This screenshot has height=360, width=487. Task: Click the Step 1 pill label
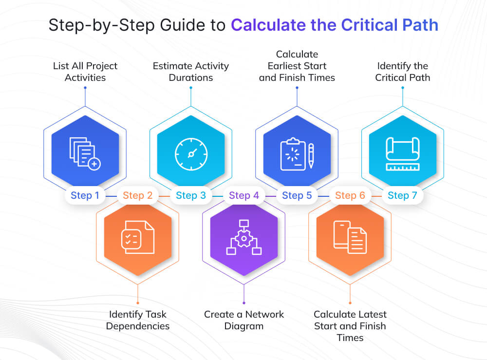[x=85, y=196]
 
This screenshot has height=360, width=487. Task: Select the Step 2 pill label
[x=137, y=196]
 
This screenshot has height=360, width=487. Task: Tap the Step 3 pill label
[x=190, y=196]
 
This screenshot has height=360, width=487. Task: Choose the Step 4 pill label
[x=243, y=196]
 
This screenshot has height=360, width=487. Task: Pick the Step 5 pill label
[x=297, y=196]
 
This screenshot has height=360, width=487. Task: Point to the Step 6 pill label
[x=350, y=196]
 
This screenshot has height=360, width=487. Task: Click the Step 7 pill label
[x=402, y=196]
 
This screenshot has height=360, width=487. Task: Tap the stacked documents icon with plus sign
[x=85, y=153]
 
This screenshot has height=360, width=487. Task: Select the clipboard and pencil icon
[x=297, y=154]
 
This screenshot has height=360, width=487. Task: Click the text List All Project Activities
[x=85, y=72]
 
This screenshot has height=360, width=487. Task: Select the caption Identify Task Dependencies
[x=138, y=320]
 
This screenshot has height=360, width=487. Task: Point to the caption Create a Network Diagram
[x=243, y=320]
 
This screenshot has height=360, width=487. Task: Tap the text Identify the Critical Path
[x=402, y=72]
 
